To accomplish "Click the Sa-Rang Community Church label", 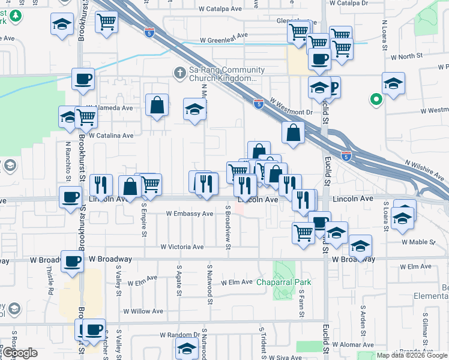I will pos(223,74).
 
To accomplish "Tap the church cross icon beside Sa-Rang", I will pos(179,72).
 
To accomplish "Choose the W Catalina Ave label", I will pos(111,136).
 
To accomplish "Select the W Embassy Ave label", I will pos(190,214).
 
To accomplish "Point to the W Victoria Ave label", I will pos(182,247).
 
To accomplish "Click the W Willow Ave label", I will pos(143,311).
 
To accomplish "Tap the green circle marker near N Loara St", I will pos(376,100).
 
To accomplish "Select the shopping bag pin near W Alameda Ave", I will pos(157,106).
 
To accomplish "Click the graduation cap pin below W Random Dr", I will pos(187,348).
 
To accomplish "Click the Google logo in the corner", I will pos(20,353).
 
